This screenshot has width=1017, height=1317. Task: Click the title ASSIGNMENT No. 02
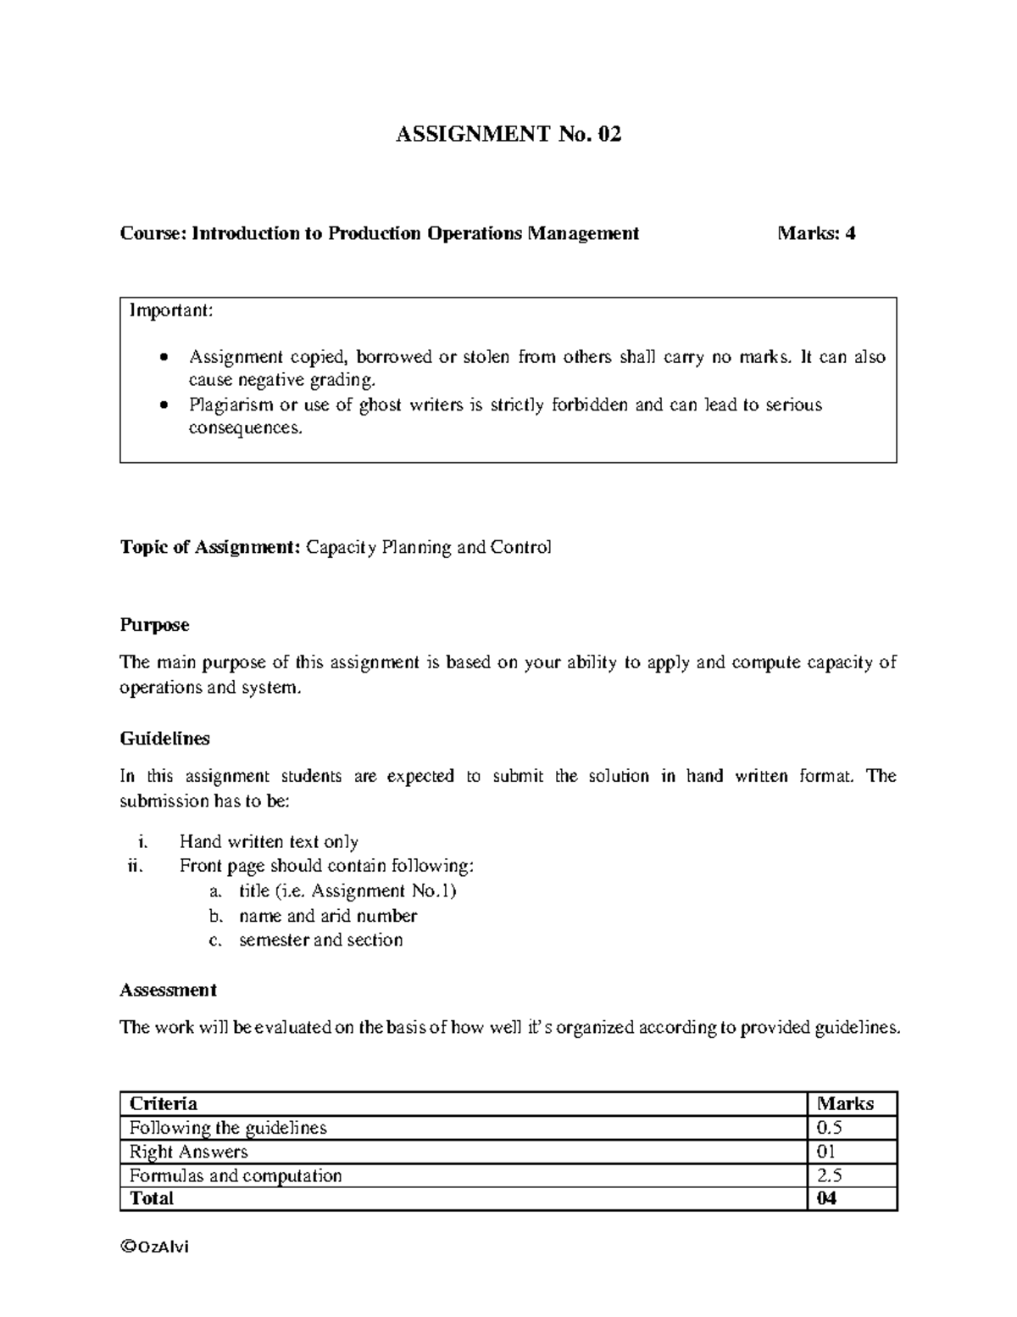tap(508, 134)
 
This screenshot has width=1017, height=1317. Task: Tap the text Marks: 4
tap(816, 233)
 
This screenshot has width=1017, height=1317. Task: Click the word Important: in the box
tap(171, 310)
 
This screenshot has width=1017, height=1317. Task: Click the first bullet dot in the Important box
tap(164, 358)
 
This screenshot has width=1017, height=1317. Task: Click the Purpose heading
tap(154, 625)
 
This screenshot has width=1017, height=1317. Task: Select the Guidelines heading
tap(164, 739)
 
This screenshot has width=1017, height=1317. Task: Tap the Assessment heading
tap(168, 990)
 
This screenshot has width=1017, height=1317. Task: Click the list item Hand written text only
tap(269, 841)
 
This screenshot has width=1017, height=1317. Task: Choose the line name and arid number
tap(328, 916)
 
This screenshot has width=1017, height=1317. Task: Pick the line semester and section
tap(320, 940)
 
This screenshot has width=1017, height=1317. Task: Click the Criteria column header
tap(163, 1103)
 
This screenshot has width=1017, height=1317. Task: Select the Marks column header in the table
tap(845, 1103)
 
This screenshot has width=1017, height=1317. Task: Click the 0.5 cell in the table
tap(829, 1128)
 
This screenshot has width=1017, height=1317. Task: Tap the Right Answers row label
tap(188, 1152)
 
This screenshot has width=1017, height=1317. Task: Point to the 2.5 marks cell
tap(829, 1175)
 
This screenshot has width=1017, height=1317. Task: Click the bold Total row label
tap(151, 1198)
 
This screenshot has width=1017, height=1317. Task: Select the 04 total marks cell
tap(826, 1198)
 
